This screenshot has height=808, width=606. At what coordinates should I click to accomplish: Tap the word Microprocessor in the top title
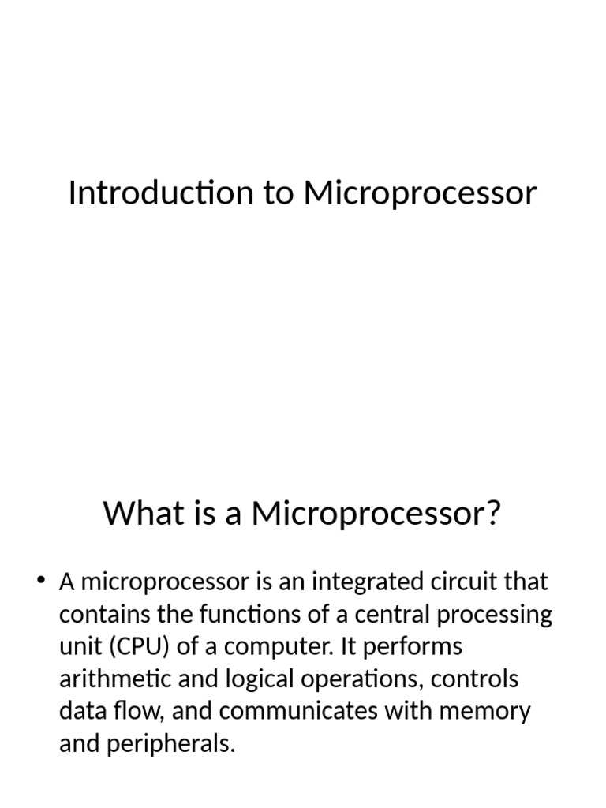point(420,193)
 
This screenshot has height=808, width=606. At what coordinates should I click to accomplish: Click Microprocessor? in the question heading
point(376,514)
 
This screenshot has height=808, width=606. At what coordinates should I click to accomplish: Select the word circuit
point(463,583)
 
